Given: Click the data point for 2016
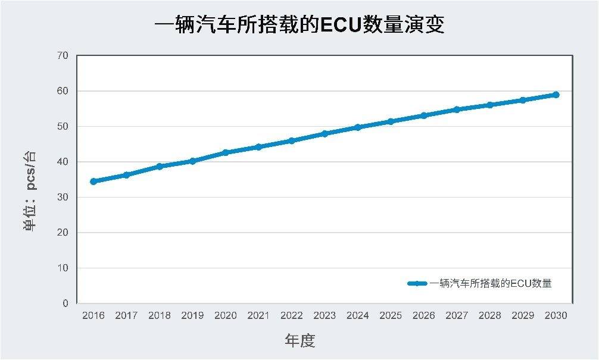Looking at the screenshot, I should (x=93, y=181).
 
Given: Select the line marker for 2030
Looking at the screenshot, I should (x=556, y=95).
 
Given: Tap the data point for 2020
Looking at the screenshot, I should (x=226, y=153).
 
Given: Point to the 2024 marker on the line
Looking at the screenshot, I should (x=357, y=127).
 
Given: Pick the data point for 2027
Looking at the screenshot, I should (x=457, y=109).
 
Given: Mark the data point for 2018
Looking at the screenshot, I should (x=160, y=167).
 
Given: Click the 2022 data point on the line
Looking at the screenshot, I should (x=292, y=141).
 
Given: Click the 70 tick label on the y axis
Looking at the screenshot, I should (x=63, y=56).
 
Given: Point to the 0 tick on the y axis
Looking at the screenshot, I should (x=65, y=303).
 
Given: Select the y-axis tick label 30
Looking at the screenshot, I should (x=63, y=198).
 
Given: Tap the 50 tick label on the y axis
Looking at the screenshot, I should (x=63, y=127).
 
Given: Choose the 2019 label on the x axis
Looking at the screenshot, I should (x=192, y=315).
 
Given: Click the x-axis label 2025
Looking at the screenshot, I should (x=391, y=315).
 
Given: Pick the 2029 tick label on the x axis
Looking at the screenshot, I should (x=523, y=315).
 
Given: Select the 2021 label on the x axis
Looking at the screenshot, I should (x=258, y=315).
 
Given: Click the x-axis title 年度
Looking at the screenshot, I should (x=299, y=341).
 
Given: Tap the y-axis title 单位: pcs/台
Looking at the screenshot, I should (x=30, y=190).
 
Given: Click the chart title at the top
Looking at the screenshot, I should (x=299, y=26).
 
